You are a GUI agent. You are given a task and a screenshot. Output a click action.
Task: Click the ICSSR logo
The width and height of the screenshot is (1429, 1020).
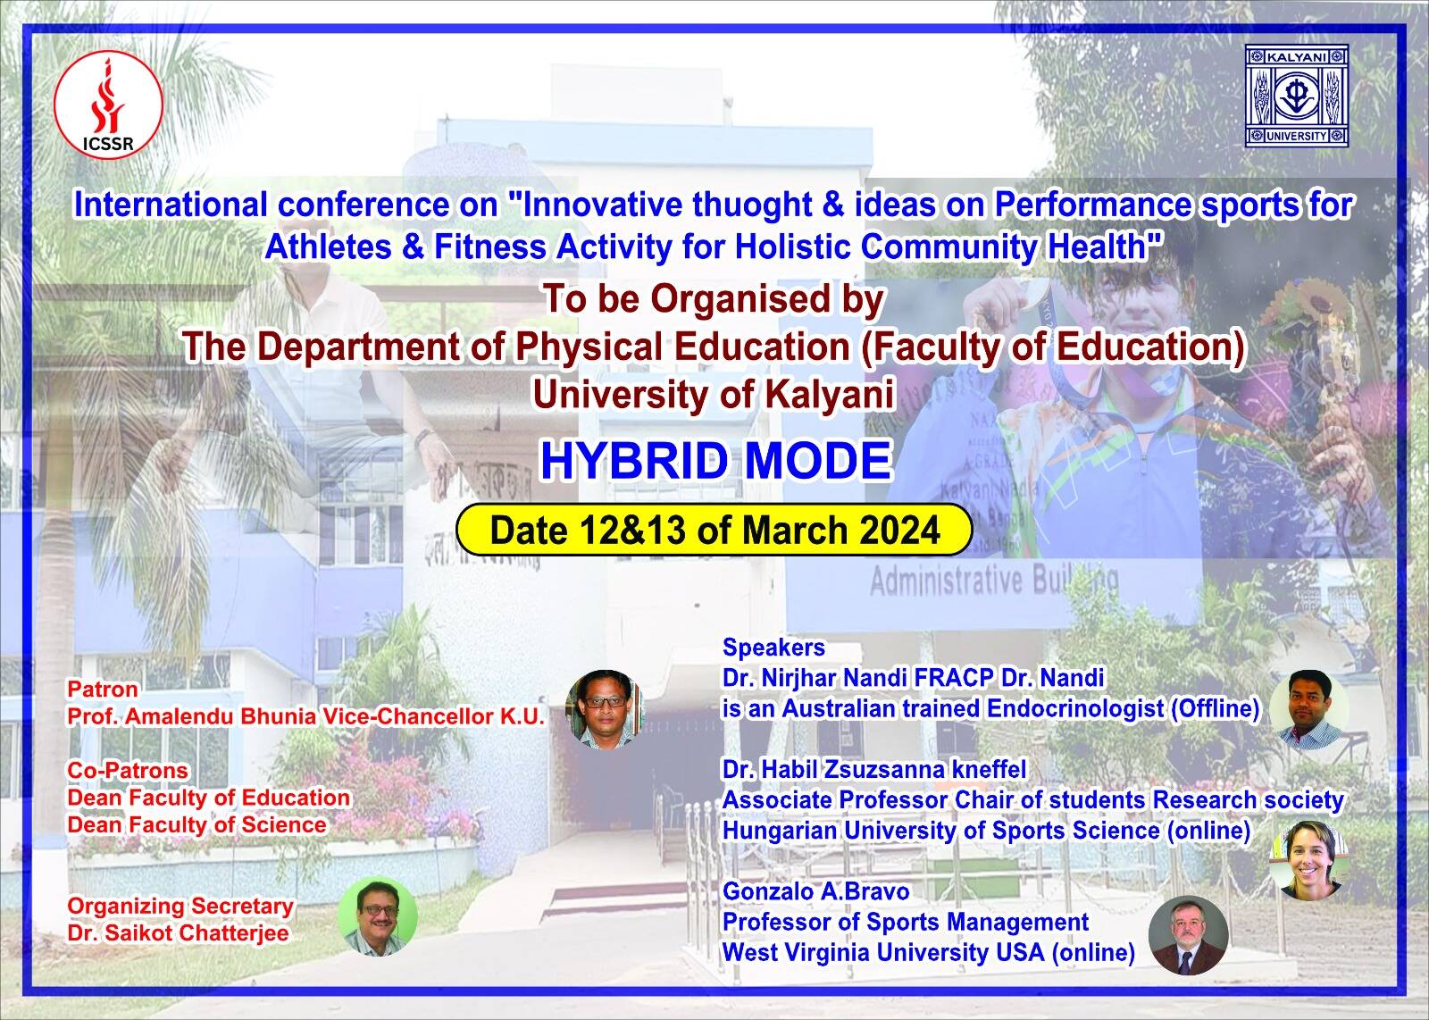pyautogui.click(x=108, y=105)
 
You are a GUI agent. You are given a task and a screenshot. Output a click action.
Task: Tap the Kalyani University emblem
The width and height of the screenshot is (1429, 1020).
pyautogui.click(x=1297, y=96)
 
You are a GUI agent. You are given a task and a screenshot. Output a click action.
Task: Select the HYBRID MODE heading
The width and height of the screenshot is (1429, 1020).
pyautogui.click(x=715, y=461)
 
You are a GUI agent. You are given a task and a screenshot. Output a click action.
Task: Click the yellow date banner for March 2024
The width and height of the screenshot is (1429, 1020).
pyautogui.click(x=714, y=530)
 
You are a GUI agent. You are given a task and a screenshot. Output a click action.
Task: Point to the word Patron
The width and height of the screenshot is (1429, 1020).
pyautogui.click(x=103, y=689)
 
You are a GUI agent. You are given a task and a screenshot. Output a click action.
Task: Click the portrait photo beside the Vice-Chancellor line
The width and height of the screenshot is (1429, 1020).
pyautogui.click(x=604, y=709)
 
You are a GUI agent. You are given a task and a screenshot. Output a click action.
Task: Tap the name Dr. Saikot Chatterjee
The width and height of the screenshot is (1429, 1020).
pyautogui.click(x=178, y=933)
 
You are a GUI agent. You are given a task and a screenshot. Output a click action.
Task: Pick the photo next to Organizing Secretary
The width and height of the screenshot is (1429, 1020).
pyautogui.click(x=378, y=917)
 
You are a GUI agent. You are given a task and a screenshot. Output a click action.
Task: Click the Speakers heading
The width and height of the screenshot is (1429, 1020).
pyautogui.click(x=773, y=648)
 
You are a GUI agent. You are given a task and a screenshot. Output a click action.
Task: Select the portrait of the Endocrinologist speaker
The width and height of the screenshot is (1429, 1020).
pyautogui.click(x=1309, y=709)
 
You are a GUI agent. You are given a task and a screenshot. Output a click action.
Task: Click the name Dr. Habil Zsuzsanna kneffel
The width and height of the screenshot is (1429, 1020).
pyautogui.click(x=874, y=769)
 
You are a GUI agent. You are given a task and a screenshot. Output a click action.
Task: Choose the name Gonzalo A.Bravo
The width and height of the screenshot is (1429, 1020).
pyautogui.click(x=816, y=891)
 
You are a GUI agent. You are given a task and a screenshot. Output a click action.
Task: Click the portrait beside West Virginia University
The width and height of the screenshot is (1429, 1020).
pyautogui.click(x=1188, y=935)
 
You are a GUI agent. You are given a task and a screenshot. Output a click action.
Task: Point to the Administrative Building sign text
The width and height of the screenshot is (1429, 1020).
pyautogui.click(x=994, y=581)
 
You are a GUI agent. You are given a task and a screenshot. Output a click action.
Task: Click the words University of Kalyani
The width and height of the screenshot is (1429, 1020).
pyautogui.click(x=714, y=394)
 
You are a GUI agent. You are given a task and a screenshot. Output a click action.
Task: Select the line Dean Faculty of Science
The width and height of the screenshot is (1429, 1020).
pyautogui.click(x=197, y=824)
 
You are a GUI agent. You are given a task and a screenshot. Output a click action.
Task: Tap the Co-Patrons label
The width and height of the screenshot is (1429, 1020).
pyautogui.click(x=128, y=770)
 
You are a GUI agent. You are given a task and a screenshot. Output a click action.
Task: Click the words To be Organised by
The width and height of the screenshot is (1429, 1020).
pyautogui.click(x=714, y=299)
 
